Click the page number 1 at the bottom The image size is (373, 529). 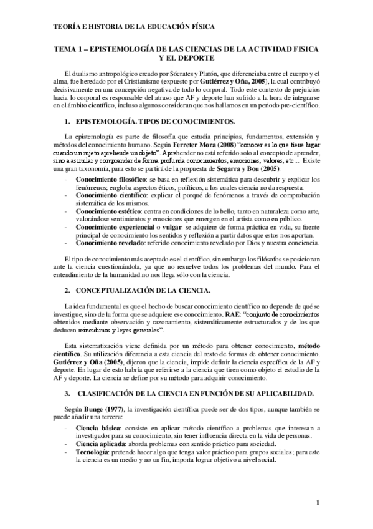[318, 503]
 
